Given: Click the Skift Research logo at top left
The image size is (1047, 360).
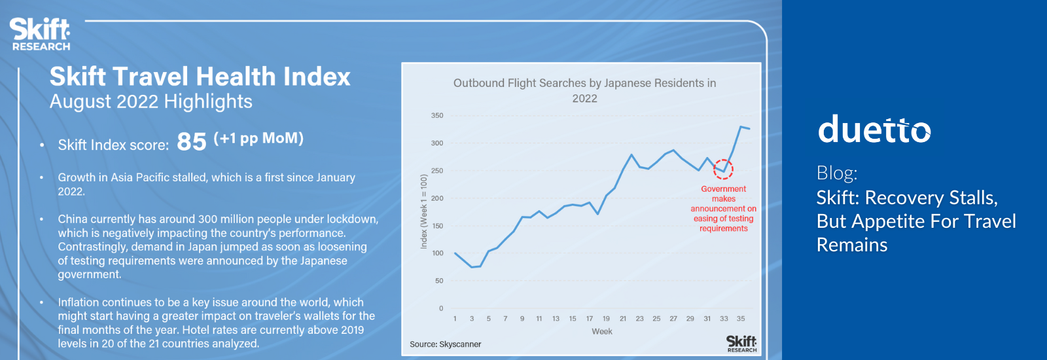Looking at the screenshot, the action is pos(40,34).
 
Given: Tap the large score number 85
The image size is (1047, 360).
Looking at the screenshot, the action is pos(192,141).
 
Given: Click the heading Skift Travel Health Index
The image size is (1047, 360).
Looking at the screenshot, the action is pos(200,76).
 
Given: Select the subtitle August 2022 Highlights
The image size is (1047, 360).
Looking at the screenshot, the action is pos(151,101).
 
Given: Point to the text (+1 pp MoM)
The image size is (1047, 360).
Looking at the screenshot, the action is pos(258,138).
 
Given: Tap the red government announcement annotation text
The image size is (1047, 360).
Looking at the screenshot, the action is pos(723,209).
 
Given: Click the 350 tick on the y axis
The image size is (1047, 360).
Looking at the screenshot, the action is pos(437,115).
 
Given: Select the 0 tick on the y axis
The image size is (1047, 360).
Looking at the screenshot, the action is pos(441,308).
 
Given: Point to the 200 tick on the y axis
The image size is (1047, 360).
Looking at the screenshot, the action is pos(437,198).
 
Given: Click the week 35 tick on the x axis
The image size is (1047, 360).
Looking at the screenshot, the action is pos(741,319).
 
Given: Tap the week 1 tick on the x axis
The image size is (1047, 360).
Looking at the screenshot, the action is pos(455,319).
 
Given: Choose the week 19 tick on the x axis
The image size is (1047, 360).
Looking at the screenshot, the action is pos(606,319).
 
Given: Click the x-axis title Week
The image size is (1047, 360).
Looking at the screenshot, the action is pos(602,331).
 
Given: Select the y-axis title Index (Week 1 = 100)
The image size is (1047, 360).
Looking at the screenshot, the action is pos(424,211).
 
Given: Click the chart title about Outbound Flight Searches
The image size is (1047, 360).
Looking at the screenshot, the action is pos(585,91).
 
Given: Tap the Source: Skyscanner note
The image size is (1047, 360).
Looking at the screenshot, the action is pos(446,344).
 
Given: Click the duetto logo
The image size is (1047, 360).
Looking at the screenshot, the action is pos(874,129).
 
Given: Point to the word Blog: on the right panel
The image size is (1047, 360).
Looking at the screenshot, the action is pos(837,173).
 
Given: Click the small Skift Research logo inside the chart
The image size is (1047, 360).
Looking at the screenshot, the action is pos(741,344).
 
